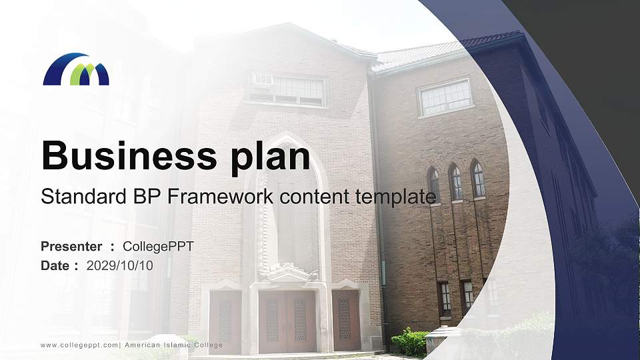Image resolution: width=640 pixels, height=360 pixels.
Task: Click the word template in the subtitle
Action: [x=396, y=197]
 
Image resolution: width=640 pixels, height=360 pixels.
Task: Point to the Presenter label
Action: [x=71, y=247]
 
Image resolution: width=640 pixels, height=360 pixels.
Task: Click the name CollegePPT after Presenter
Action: [x=158, y=247]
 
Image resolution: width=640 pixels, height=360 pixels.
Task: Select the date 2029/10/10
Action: [x=119, y=265]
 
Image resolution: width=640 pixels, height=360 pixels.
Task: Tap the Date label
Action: [x=55, y=265]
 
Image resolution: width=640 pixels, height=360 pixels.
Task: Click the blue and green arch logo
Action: [x=76, y=69]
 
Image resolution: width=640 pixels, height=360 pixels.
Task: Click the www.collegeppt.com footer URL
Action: [x=79, y=345]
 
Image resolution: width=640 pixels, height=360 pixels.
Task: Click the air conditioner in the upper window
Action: [x=262, y=81]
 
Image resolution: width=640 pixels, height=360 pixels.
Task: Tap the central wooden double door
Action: [x=287, y=321]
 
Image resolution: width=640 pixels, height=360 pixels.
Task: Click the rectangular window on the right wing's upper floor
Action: [x=445, y=97]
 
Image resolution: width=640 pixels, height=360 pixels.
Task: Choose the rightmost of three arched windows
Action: [x=478, y=179]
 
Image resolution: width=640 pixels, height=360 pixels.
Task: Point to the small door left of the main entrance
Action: [x=225, y=320]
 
